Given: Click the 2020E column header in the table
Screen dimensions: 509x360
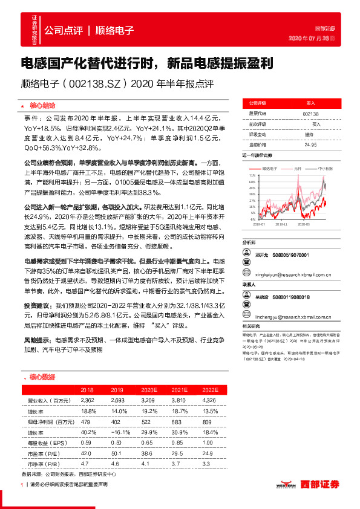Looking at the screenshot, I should pos(146,391).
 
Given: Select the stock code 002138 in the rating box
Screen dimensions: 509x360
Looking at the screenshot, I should pos(310,113).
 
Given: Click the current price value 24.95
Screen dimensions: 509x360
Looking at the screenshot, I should pos(310,145).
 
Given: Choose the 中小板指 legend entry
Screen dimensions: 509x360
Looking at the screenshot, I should pos(324,169).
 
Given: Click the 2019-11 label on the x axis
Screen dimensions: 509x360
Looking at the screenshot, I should pos(280,223).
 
